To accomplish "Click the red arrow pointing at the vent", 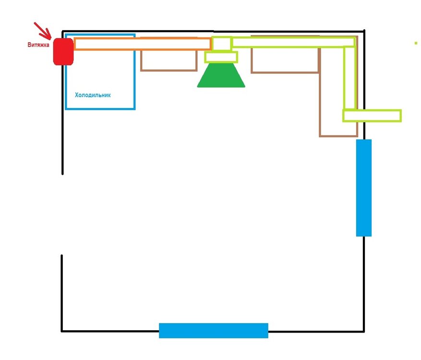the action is click(42, 31).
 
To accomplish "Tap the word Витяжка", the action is click(38, 45).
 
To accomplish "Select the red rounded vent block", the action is click(63, 51).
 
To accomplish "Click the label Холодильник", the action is click(93, 95).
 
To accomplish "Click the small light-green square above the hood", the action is click(221, 43).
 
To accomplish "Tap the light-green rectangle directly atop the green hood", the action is click(221, 57).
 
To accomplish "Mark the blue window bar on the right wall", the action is click(364, 188).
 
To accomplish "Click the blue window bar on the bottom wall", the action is click(214, 330).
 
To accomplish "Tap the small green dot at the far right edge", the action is click(416, 43).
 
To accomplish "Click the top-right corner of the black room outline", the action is click(364, 31).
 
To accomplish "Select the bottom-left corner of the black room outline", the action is click(62, 331).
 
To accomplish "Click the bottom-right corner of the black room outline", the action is click(364, 331).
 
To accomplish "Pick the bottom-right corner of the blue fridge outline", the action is click(134, 109).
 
